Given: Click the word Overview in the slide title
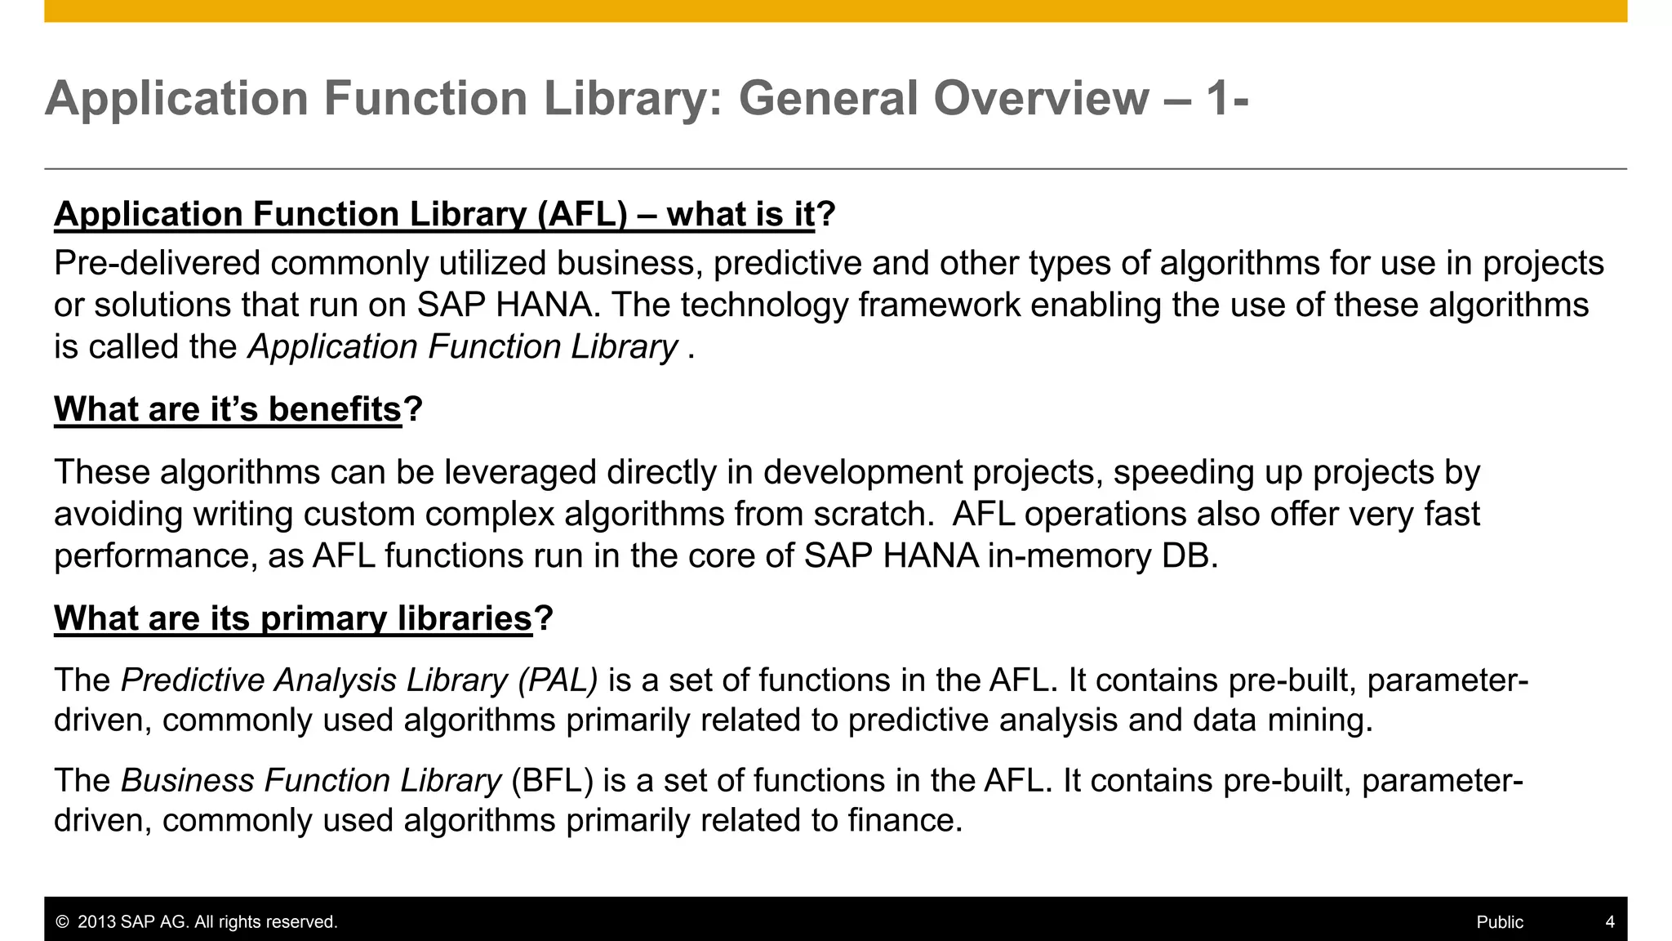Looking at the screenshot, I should [1041, 99].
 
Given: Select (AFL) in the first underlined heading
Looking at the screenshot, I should [582, 215].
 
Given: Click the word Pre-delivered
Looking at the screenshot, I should [157, 264].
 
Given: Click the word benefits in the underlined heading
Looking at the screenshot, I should [335, 409].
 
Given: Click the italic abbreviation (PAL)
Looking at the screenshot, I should [558, 680].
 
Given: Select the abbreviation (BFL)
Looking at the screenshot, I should [552, 781].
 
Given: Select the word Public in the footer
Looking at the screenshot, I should [1500, 922].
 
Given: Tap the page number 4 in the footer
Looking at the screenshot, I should [1610, 922].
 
